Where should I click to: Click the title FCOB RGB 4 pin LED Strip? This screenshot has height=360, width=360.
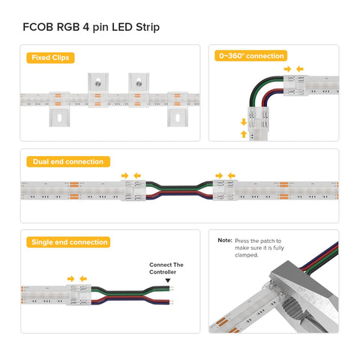(91, 27)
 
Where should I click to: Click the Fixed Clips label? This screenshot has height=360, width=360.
(50, 58)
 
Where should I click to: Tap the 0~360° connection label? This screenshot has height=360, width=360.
(251, 55)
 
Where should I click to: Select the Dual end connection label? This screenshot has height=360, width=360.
(68, 161)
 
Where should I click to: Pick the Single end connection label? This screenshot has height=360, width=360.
(69, 242)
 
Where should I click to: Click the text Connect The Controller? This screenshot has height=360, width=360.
(166, 268)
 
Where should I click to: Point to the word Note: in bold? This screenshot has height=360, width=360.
(224, 240)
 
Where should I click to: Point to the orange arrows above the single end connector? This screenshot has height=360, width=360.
(76, 278)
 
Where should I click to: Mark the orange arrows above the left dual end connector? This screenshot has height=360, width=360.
(130, 175)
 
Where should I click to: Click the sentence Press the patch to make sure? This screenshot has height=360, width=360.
(260, 247)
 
